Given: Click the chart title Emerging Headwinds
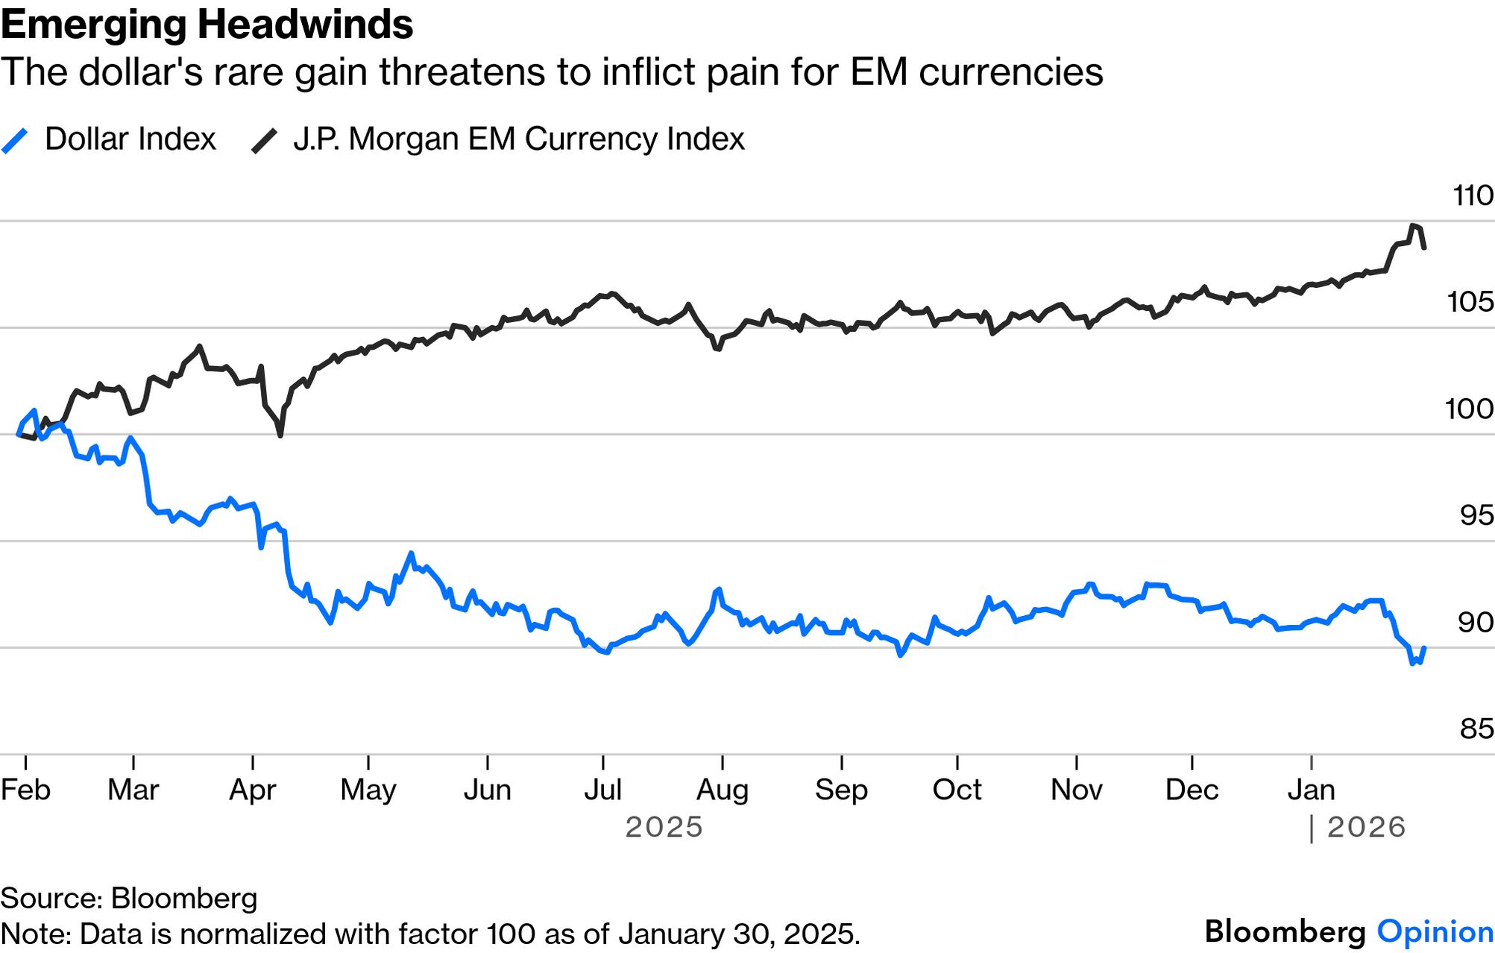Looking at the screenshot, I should tap(207, 25).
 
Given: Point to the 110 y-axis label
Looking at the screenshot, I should tap(1473, 196).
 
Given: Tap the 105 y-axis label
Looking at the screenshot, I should tap(1470, 302).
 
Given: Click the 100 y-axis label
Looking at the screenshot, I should tap(1469, 409).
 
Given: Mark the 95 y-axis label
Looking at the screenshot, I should tap(1476, 515).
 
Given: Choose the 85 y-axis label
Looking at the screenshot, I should tap(1476, 729).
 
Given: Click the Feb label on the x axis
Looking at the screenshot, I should tap(25, 790).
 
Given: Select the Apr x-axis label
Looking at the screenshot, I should tap(253, 790).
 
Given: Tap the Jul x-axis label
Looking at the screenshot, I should tap(602, 790).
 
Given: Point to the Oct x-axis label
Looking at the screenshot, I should tap(957, 790).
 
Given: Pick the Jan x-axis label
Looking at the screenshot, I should tap(1311, 790).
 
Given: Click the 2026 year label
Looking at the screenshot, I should tap(1366, 827).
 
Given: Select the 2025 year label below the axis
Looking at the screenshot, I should tap(664, 827).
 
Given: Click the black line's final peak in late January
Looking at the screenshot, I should tap(1412, 225).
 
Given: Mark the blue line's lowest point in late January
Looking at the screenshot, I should tap(1412, 663).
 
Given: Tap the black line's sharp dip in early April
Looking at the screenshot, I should tap(280, 435).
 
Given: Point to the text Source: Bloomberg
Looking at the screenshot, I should tap(129, 899).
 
